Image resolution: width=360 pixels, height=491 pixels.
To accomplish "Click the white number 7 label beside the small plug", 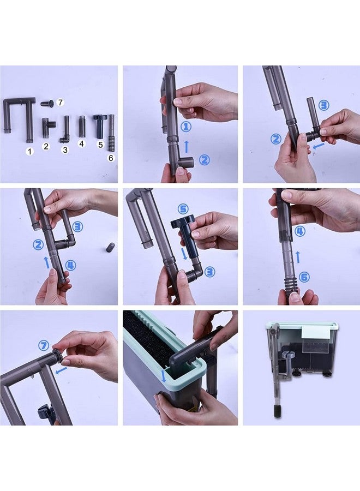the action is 61,103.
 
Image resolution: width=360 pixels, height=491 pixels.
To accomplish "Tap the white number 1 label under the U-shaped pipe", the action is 30,152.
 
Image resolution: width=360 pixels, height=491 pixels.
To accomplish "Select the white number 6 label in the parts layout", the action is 111,158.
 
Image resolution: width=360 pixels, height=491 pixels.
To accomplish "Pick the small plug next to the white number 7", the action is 47,103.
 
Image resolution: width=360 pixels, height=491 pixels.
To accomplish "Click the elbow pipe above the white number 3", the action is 65,130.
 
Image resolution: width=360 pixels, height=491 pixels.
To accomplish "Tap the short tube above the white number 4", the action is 82,126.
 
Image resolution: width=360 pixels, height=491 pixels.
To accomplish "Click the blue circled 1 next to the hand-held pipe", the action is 186,127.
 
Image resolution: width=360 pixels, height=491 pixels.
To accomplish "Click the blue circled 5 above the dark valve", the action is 183,209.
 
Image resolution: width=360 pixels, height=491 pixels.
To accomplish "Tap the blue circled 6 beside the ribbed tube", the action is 304,277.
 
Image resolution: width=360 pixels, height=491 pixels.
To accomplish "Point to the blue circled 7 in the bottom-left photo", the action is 44,346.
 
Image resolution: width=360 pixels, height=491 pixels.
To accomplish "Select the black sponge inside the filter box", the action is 147,336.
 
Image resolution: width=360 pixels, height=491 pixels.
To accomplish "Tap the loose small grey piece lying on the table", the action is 110,247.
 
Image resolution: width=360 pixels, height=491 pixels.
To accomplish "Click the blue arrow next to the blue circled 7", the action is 61,370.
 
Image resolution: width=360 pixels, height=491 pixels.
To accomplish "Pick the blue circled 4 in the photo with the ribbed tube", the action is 300,232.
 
